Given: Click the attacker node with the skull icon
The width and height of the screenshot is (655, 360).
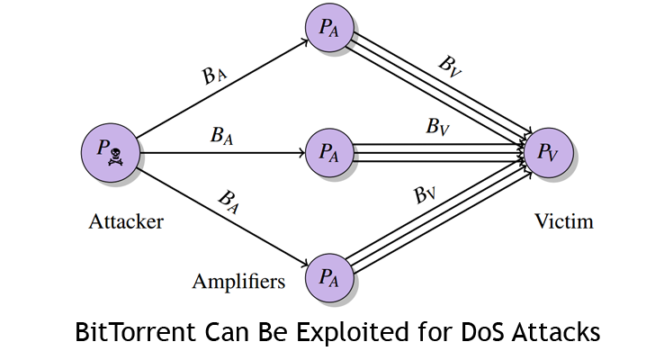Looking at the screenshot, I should coord(109,152).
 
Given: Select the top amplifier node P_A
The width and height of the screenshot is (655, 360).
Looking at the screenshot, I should coord(328,29).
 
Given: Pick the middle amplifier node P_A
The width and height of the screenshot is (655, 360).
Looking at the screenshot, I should coord(328,152).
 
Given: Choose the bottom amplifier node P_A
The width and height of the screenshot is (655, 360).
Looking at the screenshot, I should coord(328,278).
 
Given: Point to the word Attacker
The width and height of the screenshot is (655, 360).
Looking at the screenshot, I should coord(126,221).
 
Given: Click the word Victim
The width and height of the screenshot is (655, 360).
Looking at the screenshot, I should coord(563,221).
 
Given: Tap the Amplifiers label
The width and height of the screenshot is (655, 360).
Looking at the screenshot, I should coord(238,282).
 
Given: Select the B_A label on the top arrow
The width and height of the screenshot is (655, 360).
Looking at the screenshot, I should coord(214,76).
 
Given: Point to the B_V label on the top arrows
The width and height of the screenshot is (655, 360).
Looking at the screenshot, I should coord(450,66).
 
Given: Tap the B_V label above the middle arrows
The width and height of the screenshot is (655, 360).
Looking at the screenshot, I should coord(438,127).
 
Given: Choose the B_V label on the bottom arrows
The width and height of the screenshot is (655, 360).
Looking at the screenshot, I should coord(425,194).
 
